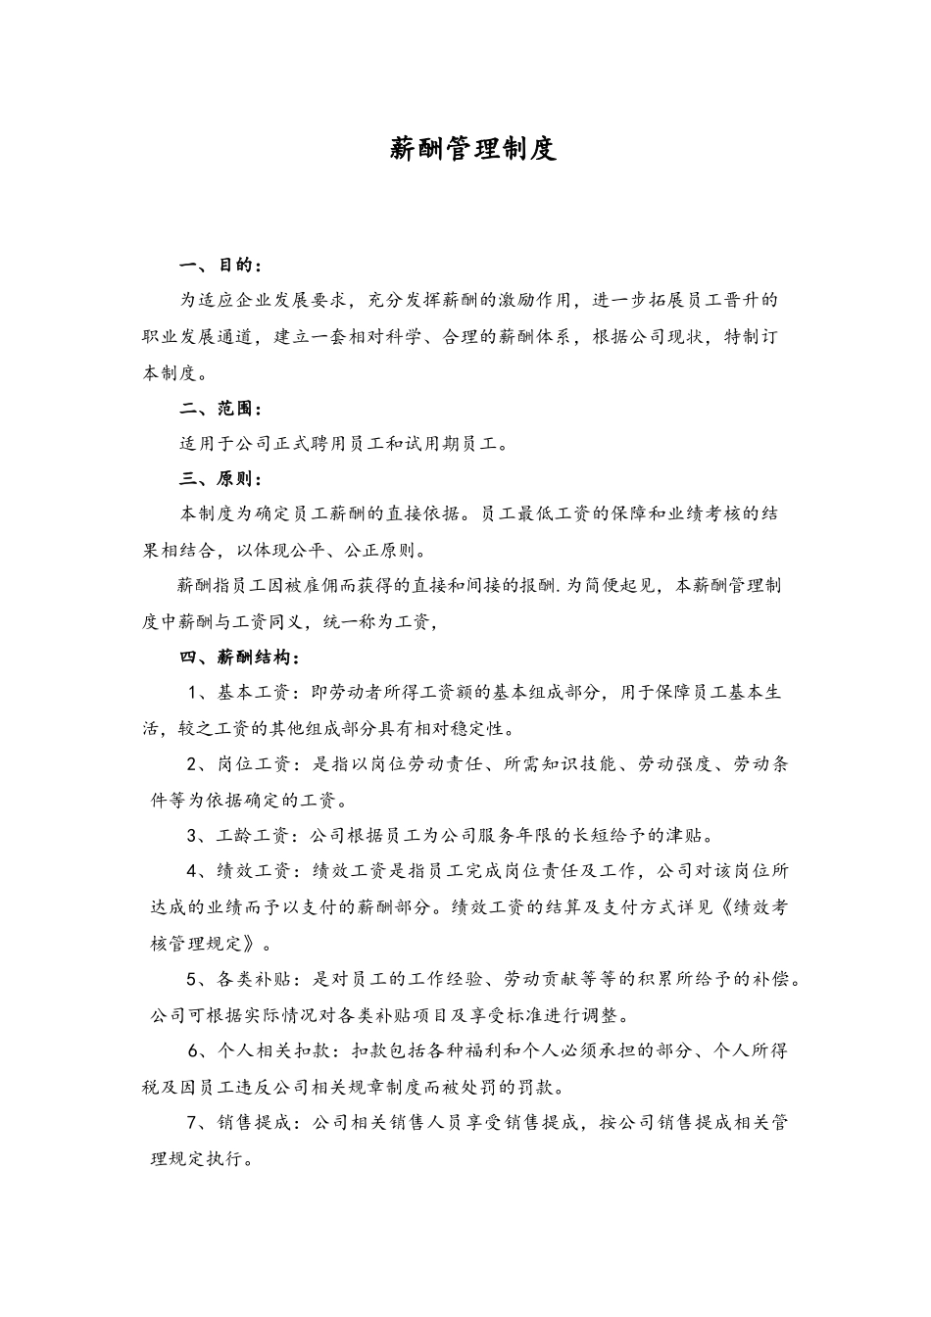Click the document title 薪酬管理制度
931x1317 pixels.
coord(473,148)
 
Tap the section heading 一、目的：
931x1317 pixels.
coord(220,265)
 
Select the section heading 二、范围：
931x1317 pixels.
coord(220,408)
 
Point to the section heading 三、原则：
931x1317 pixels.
coord(220,479)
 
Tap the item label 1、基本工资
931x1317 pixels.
coord(241,692)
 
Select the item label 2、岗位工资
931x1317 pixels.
coord(241,763)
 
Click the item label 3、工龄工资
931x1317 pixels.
coord(241,835)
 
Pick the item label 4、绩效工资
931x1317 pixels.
coord(241,870)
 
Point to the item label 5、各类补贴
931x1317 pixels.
coord(241,978)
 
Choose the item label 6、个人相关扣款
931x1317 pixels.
coord(259,1050)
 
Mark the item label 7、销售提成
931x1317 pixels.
coord(241,1122)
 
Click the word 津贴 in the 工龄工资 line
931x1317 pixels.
coord(685,835)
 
